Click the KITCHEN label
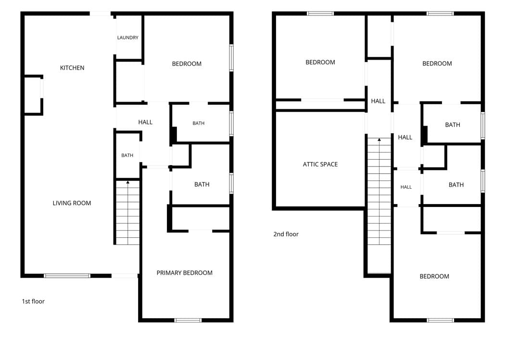point(72,68)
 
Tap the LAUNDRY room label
point(128,38)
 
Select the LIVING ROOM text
point(72,203)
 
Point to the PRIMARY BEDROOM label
point(185,273)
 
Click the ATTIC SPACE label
point(320,165)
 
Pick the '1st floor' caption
point(33,301)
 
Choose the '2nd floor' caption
point(286,234)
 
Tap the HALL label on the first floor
point(145,122)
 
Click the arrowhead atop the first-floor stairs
point(128,182)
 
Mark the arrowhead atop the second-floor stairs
point(379,140)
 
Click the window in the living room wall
point(67,276)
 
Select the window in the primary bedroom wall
point(188,320)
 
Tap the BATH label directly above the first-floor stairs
point(127,155)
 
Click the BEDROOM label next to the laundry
point(187,64)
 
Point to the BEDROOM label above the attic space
point(320,62)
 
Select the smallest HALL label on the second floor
point(406,187)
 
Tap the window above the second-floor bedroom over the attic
point(320,13)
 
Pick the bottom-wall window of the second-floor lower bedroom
point(440,320)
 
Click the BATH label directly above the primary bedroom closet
point(202,184)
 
